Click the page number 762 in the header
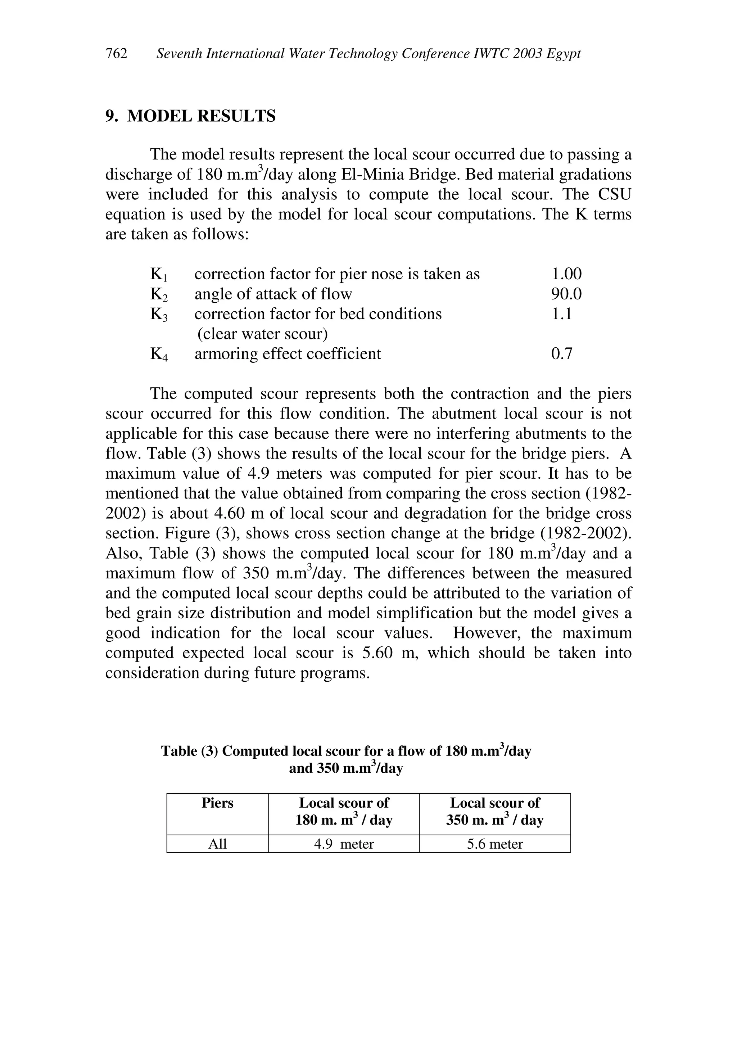click(x=116, y=54)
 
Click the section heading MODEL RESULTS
click(x=201, y=116)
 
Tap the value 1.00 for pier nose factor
click(x=566, y=274)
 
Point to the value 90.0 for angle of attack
click(x=566, y=294)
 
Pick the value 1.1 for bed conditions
click(x=561, y=314)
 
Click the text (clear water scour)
click(x=262, y=334)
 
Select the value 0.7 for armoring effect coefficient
click(x=562, y=354)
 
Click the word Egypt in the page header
click(x=564, y=54)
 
